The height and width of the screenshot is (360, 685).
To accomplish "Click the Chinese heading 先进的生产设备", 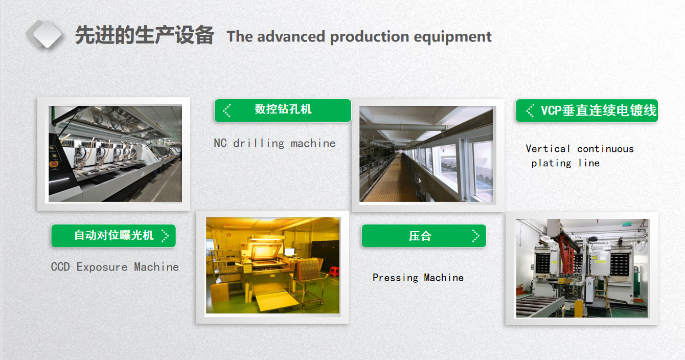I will [145, 36].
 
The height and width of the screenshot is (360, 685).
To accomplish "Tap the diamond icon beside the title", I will [46, 34].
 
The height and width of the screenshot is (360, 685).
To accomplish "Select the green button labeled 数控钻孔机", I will [283, 110].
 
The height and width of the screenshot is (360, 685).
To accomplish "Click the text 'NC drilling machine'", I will [275, 143].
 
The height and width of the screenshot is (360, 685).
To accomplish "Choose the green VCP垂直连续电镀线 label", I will [587, 110].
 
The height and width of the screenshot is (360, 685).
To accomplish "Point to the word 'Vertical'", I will [548, 149].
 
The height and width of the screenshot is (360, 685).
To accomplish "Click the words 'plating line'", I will [565, 163].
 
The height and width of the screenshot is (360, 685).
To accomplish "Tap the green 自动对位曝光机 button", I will [113, 235].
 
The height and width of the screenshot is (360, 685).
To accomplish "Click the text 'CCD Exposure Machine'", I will [115, 266].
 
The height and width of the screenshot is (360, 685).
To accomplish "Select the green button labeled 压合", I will [423, 236].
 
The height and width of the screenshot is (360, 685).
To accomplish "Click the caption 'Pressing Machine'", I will [418, 278].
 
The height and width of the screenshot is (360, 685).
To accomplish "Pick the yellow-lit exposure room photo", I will [272, 266].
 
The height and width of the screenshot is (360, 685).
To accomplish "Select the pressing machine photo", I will [582, 268].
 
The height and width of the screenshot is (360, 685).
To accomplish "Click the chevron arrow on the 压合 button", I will [475, 236].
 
